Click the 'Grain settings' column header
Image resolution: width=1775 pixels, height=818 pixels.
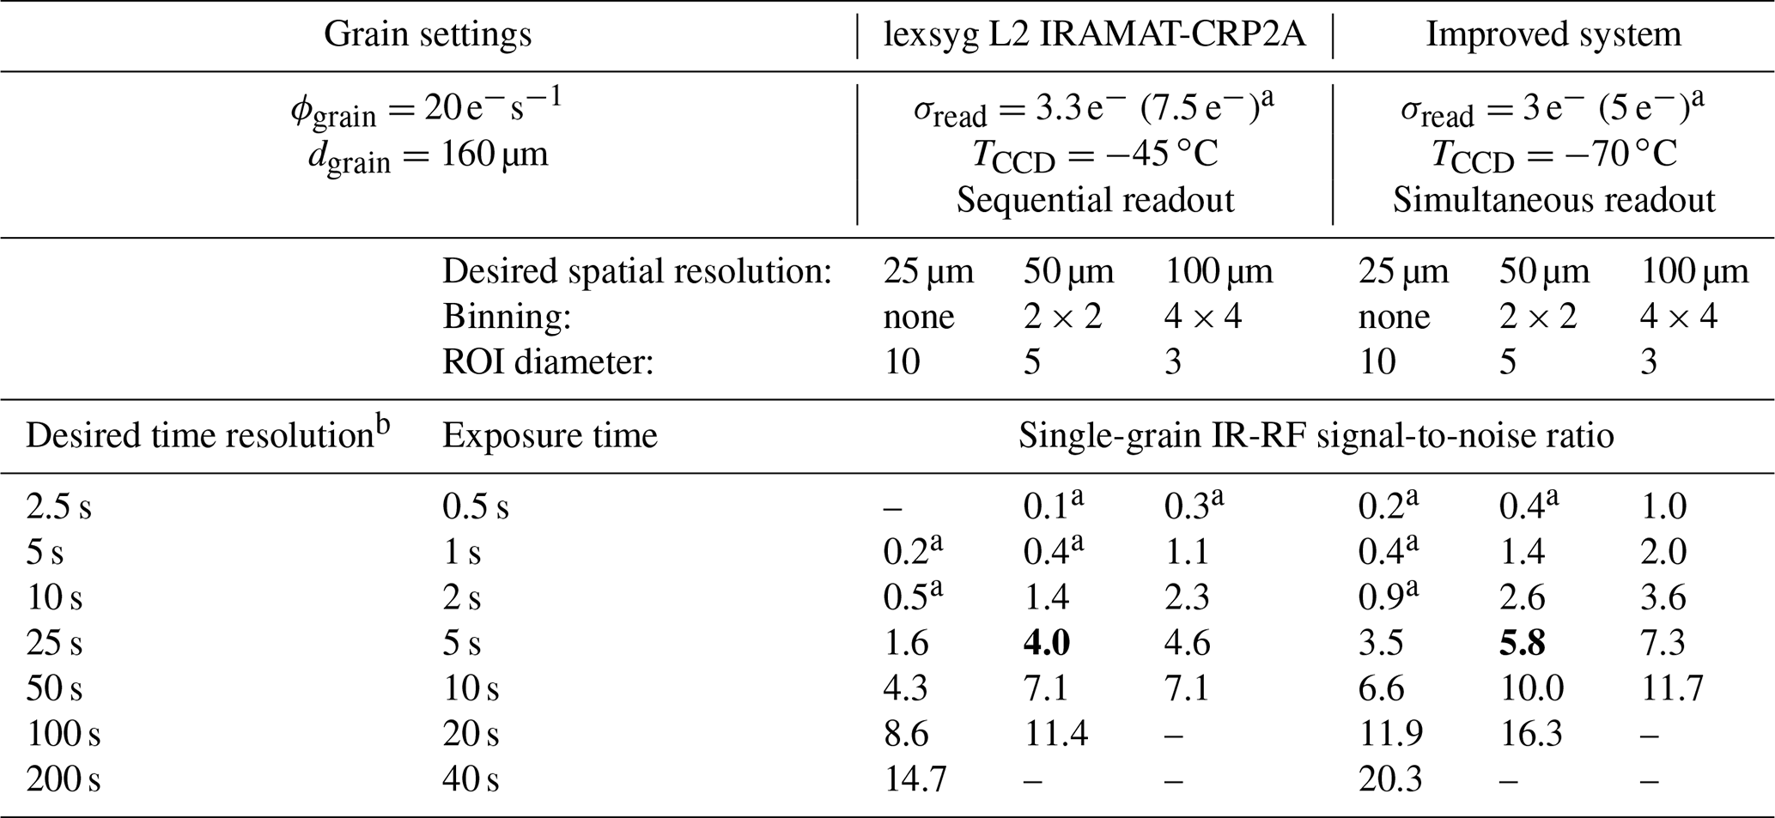(x=427, y=35)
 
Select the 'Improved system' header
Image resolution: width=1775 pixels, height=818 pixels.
(x=1553, y=35)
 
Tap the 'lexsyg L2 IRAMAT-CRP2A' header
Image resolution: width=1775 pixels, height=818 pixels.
(x=1095, y=35)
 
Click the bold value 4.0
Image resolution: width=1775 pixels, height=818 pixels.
(x=1046, y=643)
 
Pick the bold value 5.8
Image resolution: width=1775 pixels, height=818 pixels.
(x=1522, y=643)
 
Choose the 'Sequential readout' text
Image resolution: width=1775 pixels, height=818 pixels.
(x=1095, y=200)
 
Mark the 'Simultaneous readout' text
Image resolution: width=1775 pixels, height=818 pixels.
(x=1553, y=200)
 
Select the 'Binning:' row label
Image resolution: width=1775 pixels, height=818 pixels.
(x=507, y=317)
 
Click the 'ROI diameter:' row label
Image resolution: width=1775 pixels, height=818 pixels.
(x=548, y=362)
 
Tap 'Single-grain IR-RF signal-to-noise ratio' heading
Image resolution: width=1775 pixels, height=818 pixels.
(x=1316, y=436)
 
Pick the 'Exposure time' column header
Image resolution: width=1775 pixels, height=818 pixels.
(x=550, y=436)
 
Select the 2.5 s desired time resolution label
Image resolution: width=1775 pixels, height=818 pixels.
(x=58, y=507)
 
